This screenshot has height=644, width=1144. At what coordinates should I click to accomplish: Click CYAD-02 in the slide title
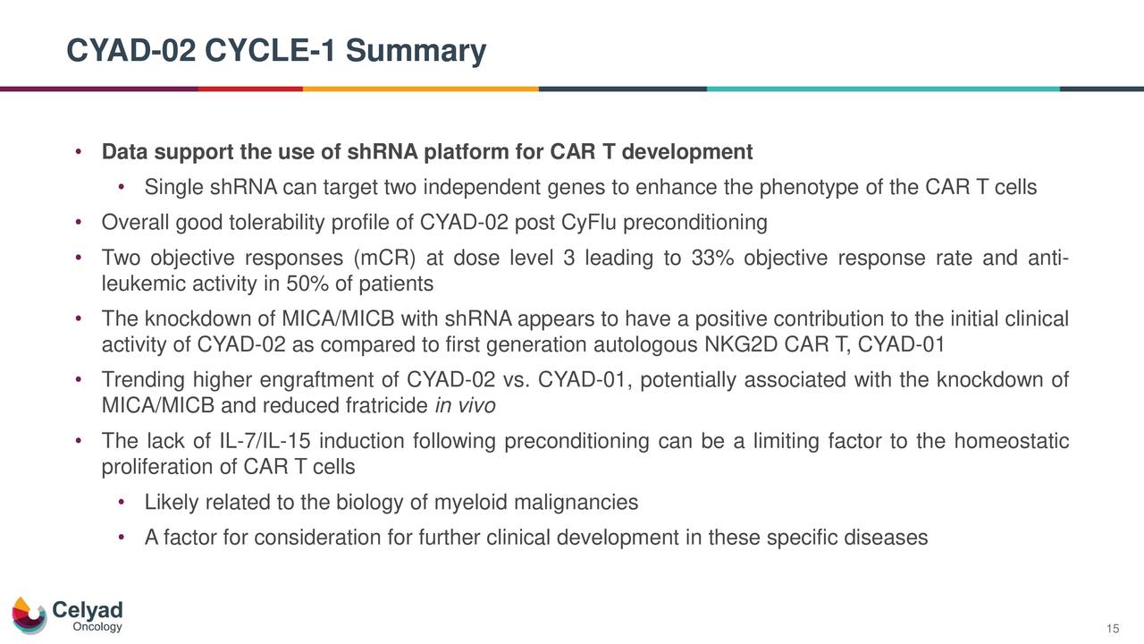click(x=130, y=51)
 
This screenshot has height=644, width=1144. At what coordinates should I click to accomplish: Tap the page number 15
click(x=1113, y=630)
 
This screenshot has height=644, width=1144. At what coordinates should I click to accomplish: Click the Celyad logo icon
click(x=29, y=615)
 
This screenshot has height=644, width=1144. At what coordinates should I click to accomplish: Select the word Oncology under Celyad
click(x=97, y=628)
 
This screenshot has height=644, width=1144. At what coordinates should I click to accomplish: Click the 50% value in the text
click(x=294, y=284)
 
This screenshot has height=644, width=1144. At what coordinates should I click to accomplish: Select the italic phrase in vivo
click(x=464, y=407)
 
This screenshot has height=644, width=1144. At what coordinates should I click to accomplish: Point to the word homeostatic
click(x=1012, y=443)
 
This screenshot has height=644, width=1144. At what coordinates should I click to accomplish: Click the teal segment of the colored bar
click(x=882, y=89)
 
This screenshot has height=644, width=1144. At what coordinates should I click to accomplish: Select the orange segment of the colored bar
click(x=420, y=89)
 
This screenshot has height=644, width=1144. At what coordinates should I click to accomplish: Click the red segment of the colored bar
click(x=249, y=89)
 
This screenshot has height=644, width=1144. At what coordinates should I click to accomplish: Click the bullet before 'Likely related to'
click(x=122, y=503)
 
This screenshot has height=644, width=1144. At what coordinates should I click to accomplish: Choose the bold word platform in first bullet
click(x=454, y=152)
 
